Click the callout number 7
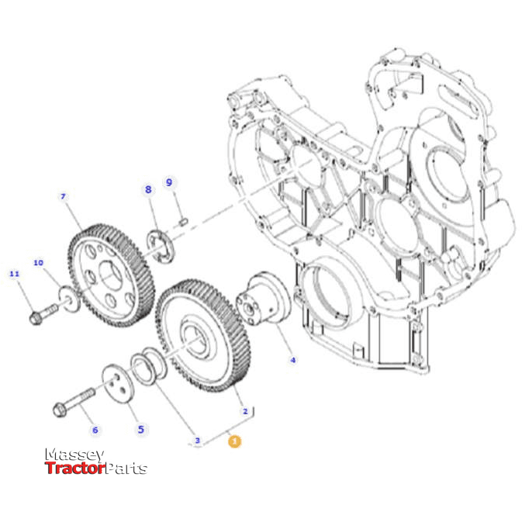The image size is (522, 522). click(64, 197)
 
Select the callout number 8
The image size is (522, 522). click(148, 188)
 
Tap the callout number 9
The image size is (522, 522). click(168, 182)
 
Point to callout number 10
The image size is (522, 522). click(38, 263)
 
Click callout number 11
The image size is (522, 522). click(13, 274)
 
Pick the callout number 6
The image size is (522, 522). click(95, 430)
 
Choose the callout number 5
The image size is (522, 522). click(140, 428)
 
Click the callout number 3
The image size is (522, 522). click(197, 441)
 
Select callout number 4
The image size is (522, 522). click(292, 360)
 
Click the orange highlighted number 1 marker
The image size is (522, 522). click(233, 441)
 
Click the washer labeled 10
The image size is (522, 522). click(70, 298)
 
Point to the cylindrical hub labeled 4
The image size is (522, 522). click(261, 302)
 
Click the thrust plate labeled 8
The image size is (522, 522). click(161, 247)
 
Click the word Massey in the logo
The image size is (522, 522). click(74, 455)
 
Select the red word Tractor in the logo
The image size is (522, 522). click(74, 468)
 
